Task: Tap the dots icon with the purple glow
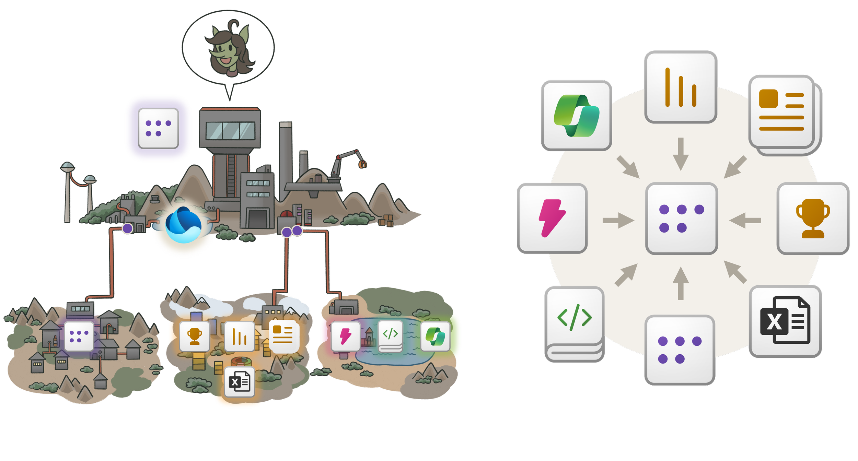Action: [x=158, y=128]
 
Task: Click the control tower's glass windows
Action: [x=230, y=131]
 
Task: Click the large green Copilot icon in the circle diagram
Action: [x=576, y=116]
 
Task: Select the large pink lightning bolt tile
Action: [x=552, y=218]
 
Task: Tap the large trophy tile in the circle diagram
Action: [x=813, y=218]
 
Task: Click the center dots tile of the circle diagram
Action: [x=681, y=218]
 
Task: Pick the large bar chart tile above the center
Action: [x=681, y=87]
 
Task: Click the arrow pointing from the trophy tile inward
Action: [x=745, y=220]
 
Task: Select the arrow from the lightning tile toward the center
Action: [x=618, y=220]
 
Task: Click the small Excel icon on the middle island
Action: [x=240, y=382]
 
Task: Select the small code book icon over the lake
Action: [x=390, y=335]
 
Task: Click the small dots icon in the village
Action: [x=79, y=336]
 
